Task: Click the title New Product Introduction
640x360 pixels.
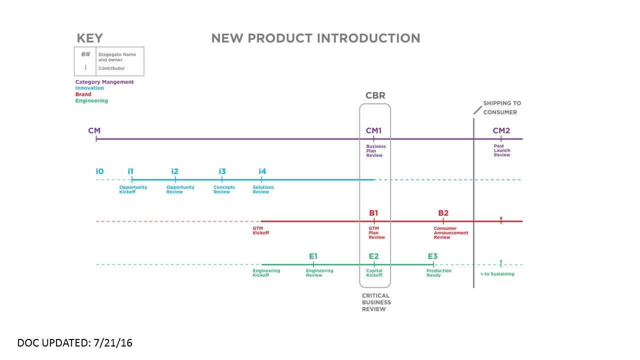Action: pos(315,38)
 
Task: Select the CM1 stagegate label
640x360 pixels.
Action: pos(373,131)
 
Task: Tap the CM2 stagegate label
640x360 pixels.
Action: pos(501,131)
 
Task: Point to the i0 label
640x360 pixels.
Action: pos(99,171)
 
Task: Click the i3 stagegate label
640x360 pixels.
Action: pos(222,171)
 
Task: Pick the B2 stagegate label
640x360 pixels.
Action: pos(443,213)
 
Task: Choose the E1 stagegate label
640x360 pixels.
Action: pos(313,256)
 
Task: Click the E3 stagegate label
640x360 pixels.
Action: pos(432,256)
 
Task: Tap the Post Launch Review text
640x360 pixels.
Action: pos(502,151)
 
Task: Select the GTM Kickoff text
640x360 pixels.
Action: pos(260,230)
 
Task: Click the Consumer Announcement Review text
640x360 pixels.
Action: pos(451,233)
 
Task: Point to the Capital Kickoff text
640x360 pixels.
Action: pos(374,273)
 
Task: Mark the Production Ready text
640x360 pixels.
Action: pos(438,273)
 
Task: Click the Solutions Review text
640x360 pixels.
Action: pos(263,189)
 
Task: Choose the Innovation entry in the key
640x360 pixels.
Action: pos(89,88)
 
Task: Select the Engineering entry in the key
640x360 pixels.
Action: pos(91,100)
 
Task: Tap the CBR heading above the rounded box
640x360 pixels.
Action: pos(375,95)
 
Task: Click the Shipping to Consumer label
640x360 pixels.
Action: pos(501,107)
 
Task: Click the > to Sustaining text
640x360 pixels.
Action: pos(497,274)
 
